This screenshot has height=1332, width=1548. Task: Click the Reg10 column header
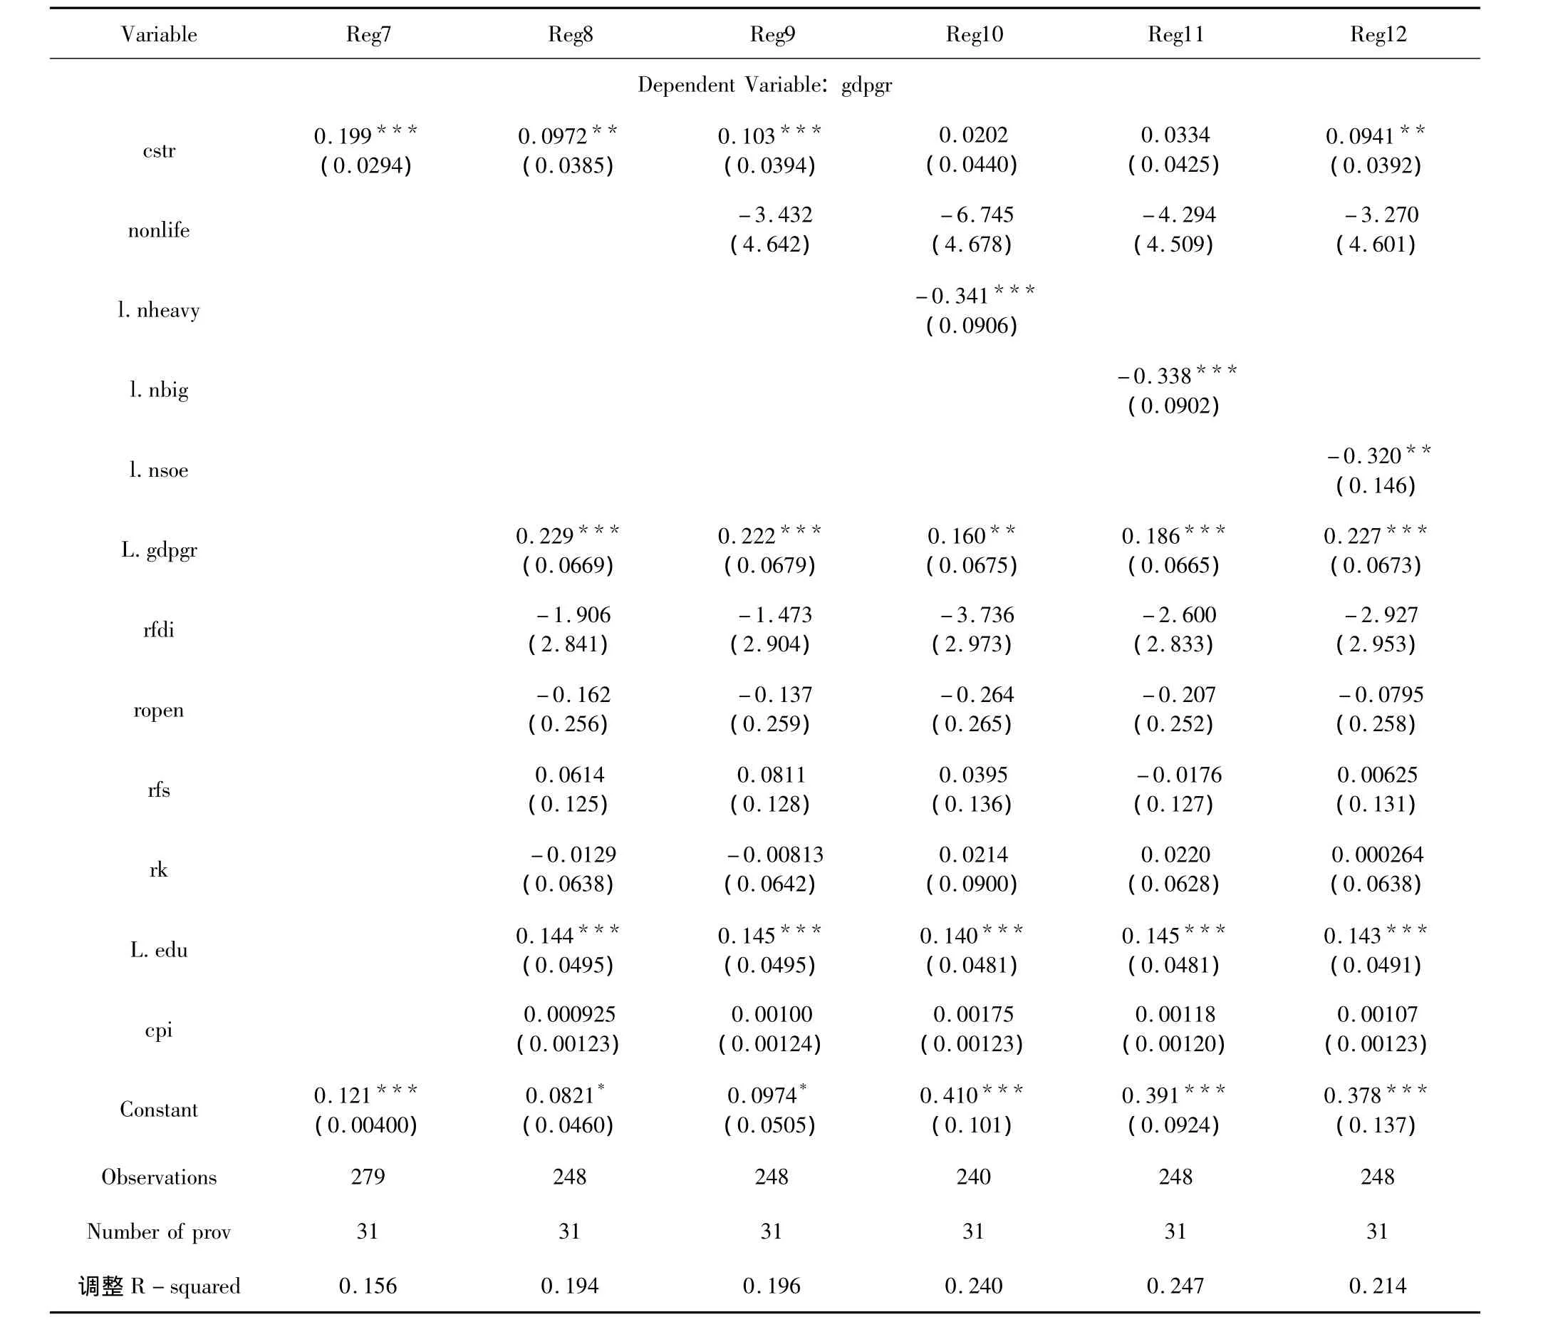975,34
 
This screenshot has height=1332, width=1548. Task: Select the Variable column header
159,34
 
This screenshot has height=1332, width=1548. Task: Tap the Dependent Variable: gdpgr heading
765,86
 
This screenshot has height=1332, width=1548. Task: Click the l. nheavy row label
159,310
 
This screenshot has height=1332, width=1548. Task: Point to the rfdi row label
159,630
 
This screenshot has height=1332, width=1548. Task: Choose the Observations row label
159,1177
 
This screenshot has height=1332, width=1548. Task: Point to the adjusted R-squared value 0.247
1175,1286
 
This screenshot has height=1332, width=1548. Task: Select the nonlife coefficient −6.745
977,215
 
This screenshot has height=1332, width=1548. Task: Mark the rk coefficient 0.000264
1378,855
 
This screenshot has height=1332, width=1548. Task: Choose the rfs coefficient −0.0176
1179,775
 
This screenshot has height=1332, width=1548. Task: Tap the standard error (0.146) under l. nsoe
1376,486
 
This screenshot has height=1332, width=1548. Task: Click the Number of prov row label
159,1232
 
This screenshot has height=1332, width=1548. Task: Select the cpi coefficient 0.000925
569,1014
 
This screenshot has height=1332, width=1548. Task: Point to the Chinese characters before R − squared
102,1286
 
